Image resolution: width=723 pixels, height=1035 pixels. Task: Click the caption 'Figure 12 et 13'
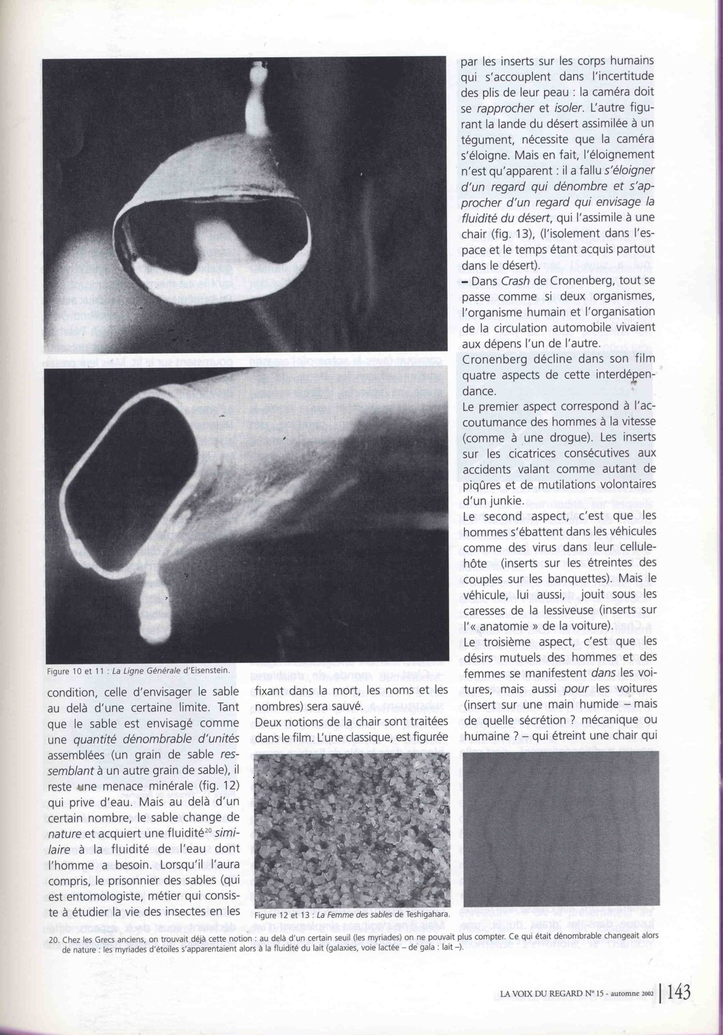tap(283, 914)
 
